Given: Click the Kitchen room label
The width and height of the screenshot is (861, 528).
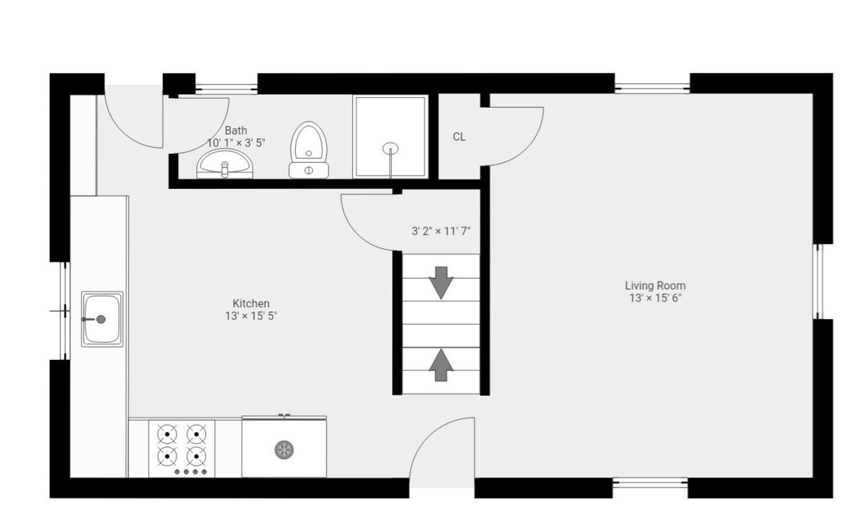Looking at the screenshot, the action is click(x=251, y=304).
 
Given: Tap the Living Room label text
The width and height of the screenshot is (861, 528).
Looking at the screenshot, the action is click(x=655, y=286).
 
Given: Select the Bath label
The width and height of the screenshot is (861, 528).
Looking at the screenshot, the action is click(x=235, y=131).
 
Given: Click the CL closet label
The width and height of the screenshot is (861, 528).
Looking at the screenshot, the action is click(x=459, y=137).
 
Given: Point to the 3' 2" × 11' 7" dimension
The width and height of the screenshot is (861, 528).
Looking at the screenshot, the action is click(x=441, y=231).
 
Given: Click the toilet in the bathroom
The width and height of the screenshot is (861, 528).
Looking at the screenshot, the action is click(x=309, y=150).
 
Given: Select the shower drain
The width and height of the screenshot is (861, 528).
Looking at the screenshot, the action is click(x=390, y=148).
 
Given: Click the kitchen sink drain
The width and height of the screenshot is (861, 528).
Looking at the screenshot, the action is click(x=100, y=319).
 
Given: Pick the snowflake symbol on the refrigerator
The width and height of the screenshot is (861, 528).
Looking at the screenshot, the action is click(x=284, y=449).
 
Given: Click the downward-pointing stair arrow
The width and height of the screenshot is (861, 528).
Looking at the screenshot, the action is click(x=441, y=283).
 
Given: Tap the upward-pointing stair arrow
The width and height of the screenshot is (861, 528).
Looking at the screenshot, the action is click(x=441, y=365).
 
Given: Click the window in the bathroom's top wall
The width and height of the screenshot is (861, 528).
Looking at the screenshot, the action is click(x=226, y=89).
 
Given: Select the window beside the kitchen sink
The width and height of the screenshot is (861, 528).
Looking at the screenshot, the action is click(x=65, y=311).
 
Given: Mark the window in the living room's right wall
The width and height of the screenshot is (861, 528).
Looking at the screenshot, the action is click(x=818, y=282).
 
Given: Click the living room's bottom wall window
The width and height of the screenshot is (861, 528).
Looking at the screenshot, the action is click(x=650, y=483).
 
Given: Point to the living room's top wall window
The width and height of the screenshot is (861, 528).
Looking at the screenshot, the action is click(x=652, y=89).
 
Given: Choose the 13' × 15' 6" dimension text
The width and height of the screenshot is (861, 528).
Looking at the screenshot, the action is click(x=656, y=298).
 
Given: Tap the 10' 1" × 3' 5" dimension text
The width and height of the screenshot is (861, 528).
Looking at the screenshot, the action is click(x=236, y=143).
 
